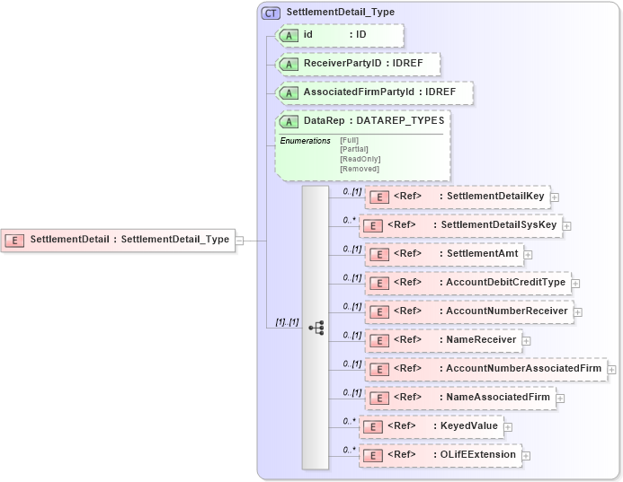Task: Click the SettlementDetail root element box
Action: coord(118,240)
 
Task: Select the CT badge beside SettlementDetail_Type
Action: coord(271,13)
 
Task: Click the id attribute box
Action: coord(340,35)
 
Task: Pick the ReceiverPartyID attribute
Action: coord(358,65)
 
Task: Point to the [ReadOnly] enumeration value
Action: coord(360,159)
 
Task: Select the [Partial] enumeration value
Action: coord(353,149)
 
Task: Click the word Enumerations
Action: coord(305,141)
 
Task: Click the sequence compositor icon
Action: coord(316,328)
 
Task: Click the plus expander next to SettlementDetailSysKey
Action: coord(568,225)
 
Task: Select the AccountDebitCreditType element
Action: coord(467,283)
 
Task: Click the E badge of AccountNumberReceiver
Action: coord(379,311)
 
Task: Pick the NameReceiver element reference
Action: coord(442,340)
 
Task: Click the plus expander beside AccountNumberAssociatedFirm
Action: coord(611,369)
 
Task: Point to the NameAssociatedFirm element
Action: coord(459,398)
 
